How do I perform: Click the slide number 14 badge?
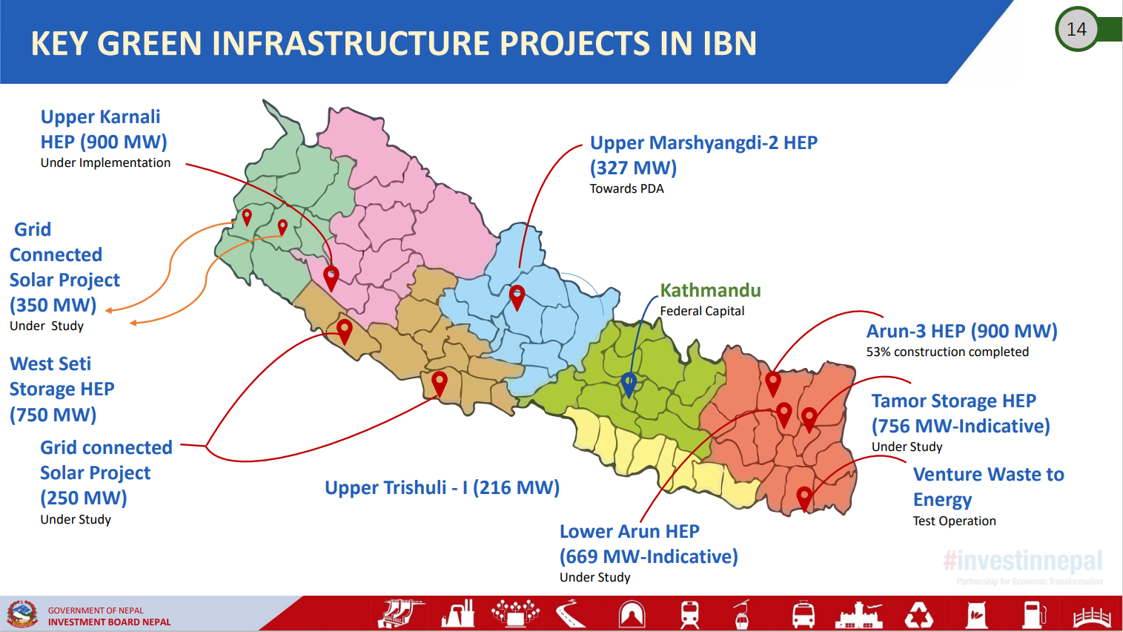pos(1076,29)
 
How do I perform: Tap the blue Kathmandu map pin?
pos(629,385)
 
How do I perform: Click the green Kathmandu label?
pos(710,291)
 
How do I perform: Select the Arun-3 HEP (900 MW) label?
pos(961,331)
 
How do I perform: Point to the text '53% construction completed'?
pos(947,352)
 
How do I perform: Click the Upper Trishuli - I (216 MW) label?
pos(443,487)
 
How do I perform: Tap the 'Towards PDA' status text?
pos(626,188)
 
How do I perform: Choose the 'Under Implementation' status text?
pos(105,163)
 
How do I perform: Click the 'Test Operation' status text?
pos(954,521)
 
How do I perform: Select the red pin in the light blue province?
pos(517,297)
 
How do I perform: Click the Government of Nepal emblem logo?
pos(21,613)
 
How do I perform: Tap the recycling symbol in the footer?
pos(918,614)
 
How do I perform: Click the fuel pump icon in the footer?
pos(1034,614)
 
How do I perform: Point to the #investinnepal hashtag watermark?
pos(1023,561)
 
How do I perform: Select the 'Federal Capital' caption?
pos(702,312)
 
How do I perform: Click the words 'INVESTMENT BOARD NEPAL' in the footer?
pos(109,622)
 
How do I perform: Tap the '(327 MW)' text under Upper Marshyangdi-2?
pos(633,168)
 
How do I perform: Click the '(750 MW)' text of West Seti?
pos(53,415)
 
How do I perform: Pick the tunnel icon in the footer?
pos(632,614)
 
